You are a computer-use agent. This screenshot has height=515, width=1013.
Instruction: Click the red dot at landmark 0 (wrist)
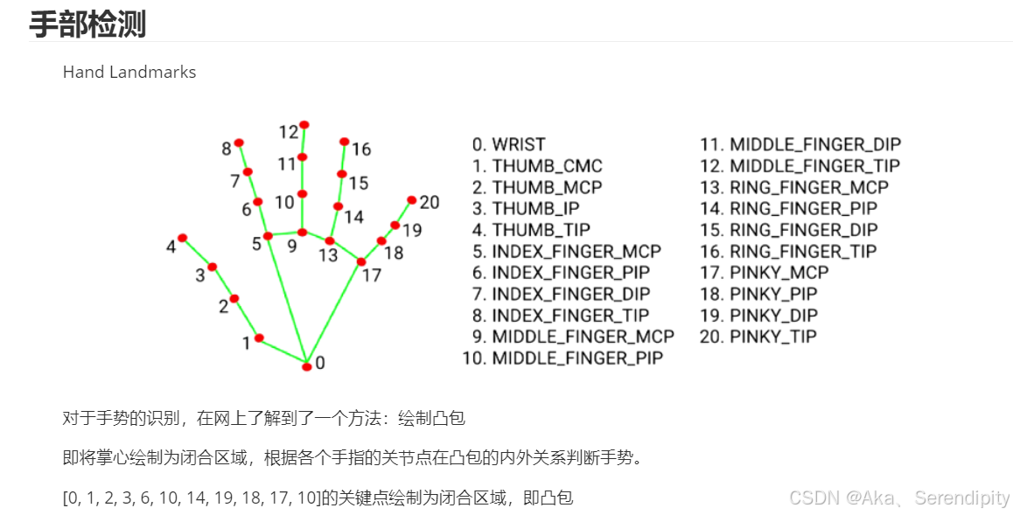click(x=307, y=366)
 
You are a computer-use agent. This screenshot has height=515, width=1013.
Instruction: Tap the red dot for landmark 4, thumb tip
click(x=183, y=238)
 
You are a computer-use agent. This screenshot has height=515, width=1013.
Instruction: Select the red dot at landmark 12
click(x=304, y=125)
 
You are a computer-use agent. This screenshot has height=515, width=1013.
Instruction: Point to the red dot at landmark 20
click(x=412, y=200)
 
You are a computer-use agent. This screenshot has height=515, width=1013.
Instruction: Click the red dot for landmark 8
click(x=239, y=143)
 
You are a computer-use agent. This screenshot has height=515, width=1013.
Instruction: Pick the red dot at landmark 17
click(x=361, y=261)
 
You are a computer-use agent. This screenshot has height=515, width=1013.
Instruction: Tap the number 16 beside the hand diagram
click(x=361, y=150)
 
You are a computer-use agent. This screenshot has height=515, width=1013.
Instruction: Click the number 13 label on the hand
click(x=328, y=255)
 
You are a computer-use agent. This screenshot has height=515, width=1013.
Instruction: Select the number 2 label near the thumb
click(x=223, y=306)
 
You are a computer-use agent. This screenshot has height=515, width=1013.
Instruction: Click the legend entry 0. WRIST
click(x=508, y=144)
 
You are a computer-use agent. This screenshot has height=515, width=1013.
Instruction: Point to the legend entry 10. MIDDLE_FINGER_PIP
click(x=562, y=358)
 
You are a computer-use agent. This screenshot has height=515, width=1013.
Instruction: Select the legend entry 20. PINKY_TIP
click(x=758, y=337)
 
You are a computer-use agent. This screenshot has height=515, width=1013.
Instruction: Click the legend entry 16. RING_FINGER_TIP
click(x=787, y=251)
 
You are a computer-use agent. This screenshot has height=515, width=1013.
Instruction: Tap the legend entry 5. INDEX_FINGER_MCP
click(x=566, y=251)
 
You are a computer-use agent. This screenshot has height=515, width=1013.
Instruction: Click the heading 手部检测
click(x=87, y=24)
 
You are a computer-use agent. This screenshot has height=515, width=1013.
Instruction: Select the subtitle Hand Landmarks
click(x=129, y=72)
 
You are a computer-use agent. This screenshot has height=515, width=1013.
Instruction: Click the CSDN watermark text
click(x=899, y=498)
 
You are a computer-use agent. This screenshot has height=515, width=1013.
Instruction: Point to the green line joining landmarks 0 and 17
click(x=334, y=312)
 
